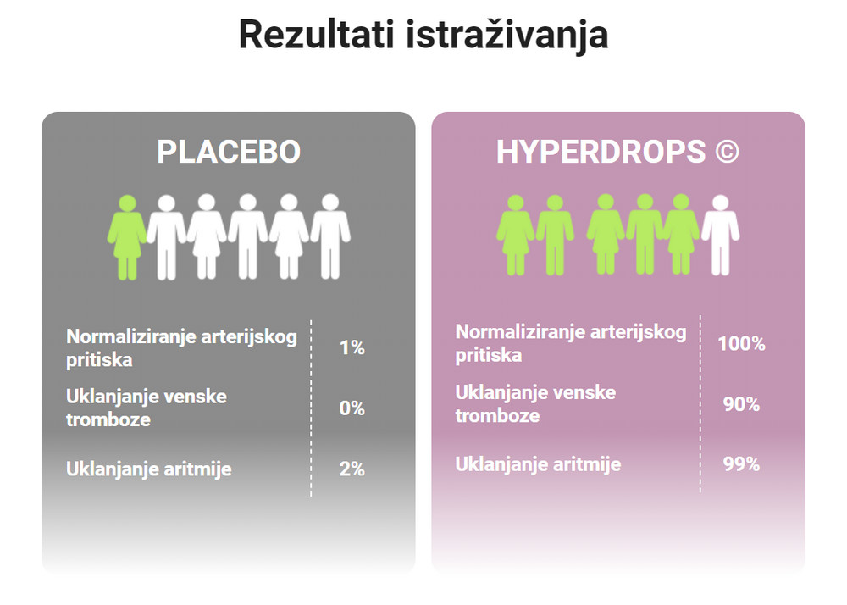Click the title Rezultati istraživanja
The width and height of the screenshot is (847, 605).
423,35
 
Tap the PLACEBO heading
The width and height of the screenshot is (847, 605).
229,152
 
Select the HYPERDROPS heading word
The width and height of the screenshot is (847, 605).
601,152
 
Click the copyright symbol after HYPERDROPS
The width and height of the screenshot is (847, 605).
726,152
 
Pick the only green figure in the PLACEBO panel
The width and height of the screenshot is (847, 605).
127,236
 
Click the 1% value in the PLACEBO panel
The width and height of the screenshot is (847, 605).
352,347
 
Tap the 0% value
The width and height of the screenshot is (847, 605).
352,408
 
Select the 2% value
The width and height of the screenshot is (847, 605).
352,469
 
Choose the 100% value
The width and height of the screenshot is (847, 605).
741,344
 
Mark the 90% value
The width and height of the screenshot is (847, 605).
741,404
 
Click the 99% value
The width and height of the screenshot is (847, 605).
741,464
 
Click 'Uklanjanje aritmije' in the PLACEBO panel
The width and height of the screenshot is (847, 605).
149,469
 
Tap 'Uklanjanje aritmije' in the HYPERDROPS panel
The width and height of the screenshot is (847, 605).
538,464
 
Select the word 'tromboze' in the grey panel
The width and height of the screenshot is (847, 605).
108,419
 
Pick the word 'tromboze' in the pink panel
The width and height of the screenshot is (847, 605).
497,415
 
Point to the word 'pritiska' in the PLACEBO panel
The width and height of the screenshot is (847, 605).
100,359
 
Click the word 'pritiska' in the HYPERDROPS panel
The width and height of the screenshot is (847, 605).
489,355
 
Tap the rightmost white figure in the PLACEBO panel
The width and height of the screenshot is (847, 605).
330,236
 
